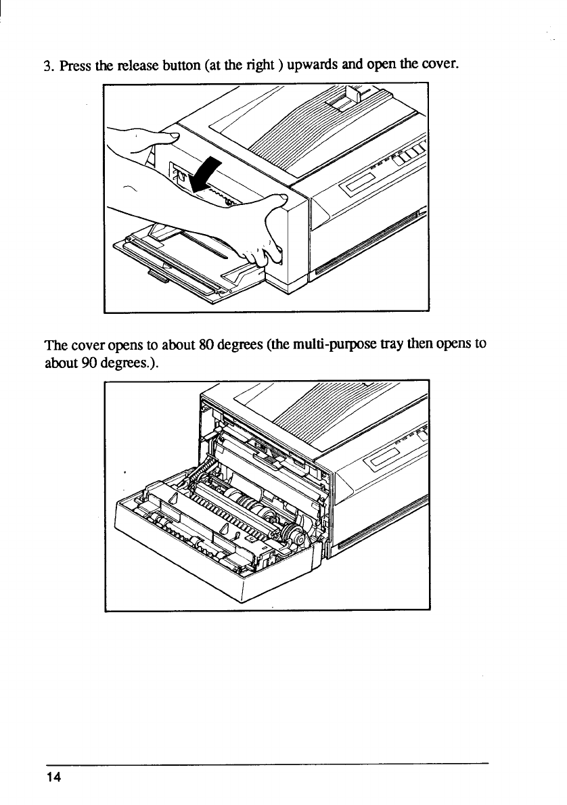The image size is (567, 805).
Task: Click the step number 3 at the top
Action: (x=47, y=66)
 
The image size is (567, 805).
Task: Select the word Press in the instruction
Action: (x=72, y=66)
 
